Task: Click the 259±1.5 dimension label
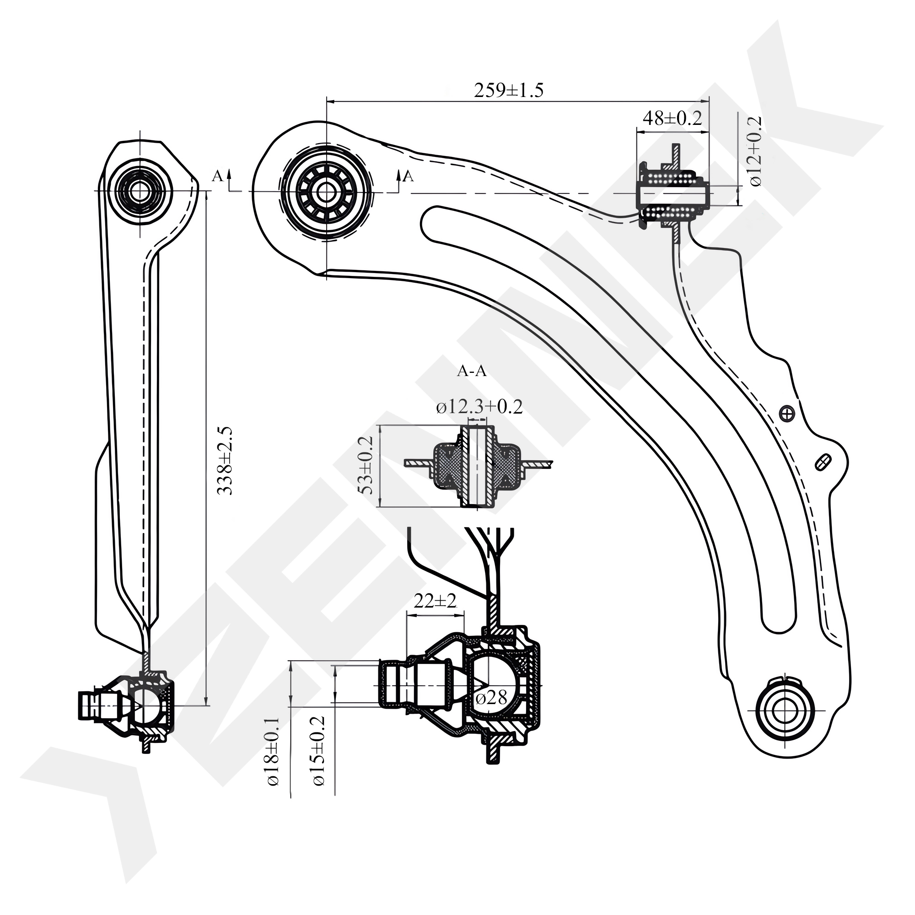(509, 91)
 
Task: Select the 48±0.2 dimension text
(672, 118)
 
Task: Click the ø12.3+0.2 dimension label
(479, 407)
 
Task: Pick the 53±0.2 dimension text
(367, 465)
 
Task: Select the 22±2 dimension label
(435, 602)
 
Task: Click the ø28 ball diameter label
(491, 697)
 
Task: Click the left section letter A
(217, 176)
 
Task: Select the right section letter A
(408, 176)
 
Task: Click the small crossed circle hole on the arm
(786, 414)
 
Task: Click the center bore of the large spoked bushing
(325, 192)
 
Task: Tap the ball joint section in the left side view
(142, 705)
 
